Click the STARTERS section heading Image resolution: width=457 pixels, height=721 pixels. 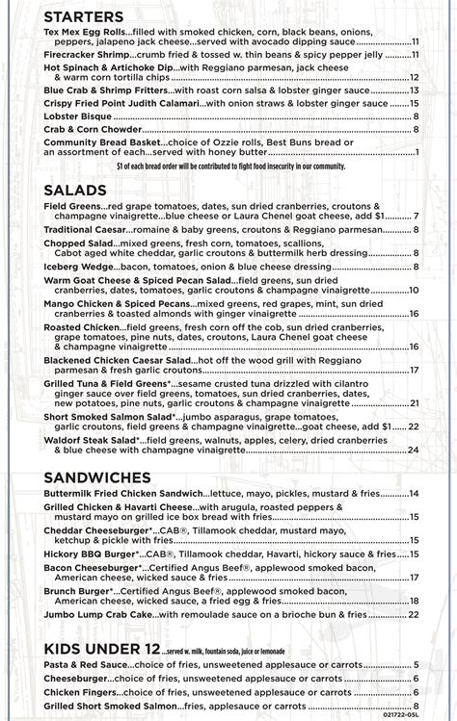click(x=83, y=18)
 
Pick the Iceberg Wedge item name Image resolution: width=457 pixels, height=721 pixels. click(x=80, y=266)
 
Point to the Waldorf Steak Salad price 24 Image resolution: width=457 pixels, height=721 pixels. click(x=413, y=449)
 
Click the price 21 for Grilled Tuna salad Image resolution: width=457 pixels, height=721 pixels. click(x=413, y=403)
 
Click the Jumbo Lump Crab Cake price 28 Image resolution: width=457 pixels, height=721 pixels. click(x=413, y=613)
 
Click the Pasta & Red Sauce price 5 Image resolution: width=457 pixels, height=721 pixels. click(x=416, y=664)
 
